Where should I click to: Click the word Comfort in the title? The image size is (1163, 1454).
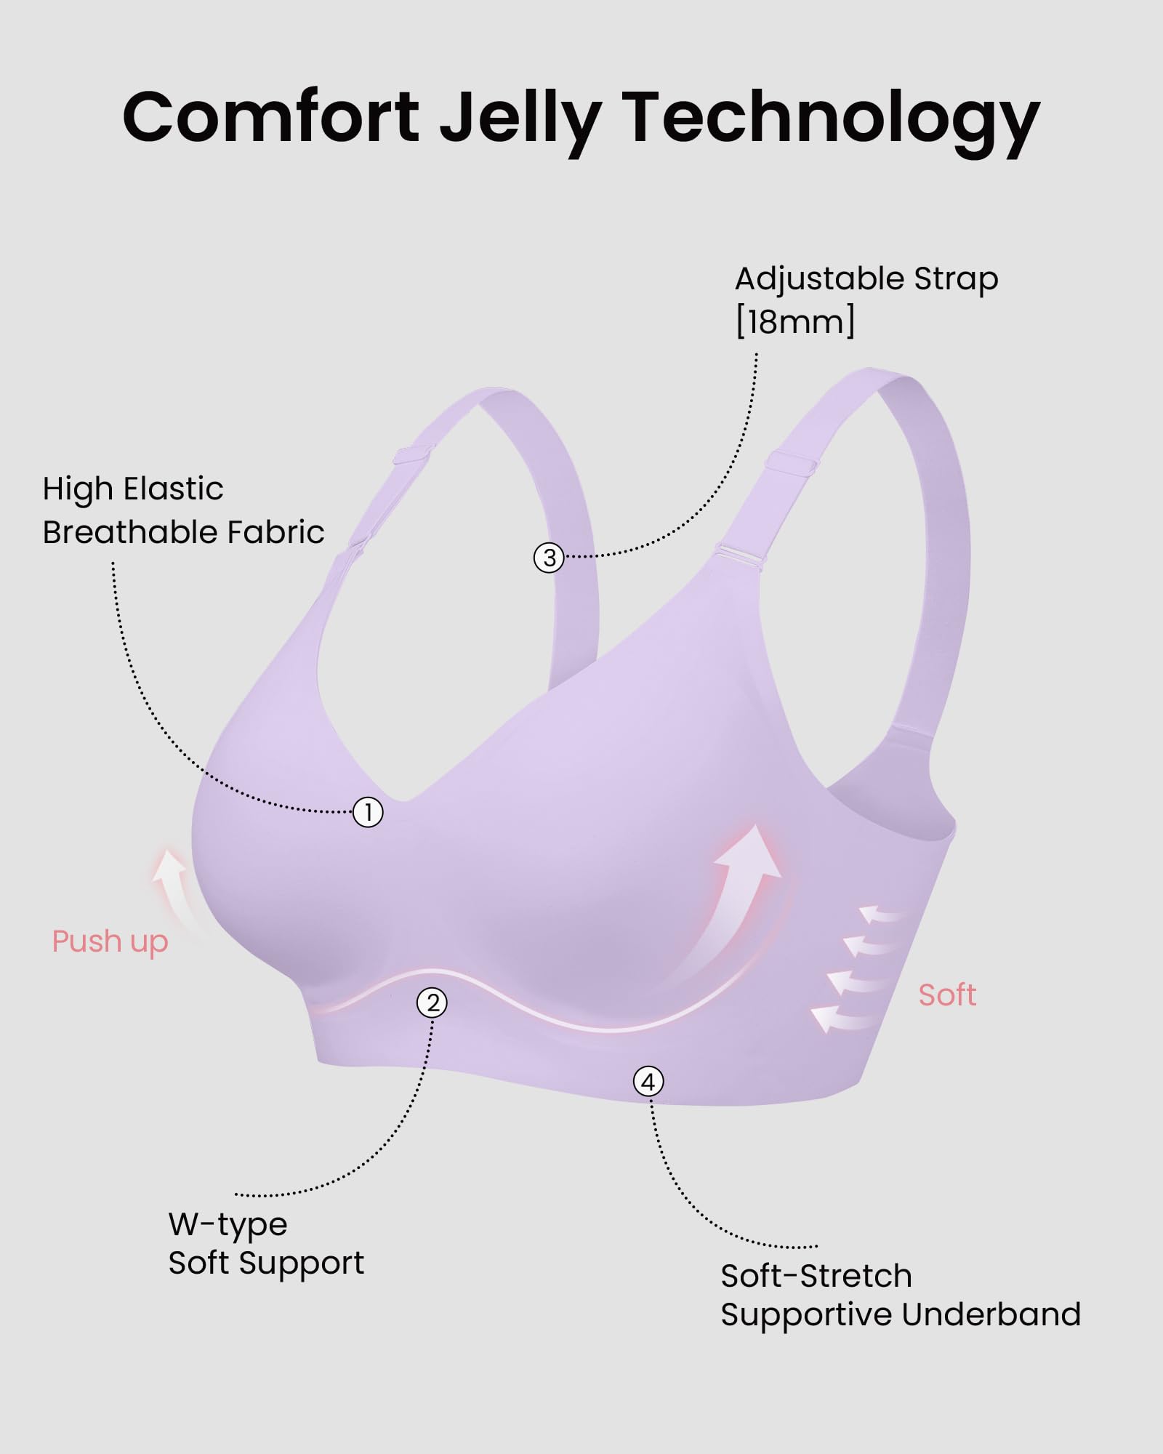click(x=270, y=118)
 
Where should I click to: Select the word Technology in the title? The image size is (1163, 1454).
click(x=830, y=120)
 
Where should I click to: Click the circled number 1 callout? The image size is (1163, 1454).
click(x=368, y=812)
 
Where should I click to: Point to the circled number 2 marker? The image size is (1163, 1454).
click(x=432, y=1003)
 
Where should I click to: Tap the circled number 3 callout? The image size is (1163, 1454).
click(x=549, y=558)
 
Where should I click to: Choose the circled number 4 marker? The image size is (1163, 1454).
click(x=648, y=1082)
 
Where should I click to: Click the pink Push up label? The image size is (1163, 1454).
click(x=110, y=941)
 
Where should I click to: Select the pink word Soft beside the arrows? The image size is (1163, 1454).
click(x=946, y=995)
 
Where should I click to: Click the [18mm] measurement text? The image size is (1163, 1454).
click(x=794, y=321)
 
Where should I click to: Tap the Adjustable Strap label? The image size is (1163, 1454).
click(x=866, y=279)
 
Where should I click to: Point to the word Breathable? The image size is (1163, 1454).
click(x=130, y=532)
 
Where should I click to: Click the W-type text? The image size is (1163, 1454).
click(x=228, y=1225)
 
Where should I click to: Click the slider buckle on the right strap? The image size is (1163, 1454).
click(x=791, y=462)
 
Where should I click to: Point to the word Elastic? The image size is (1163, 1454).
click(x=173, y=489)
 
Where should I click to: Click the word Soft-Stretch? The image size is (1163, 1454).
click(x=816, y=1276)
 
